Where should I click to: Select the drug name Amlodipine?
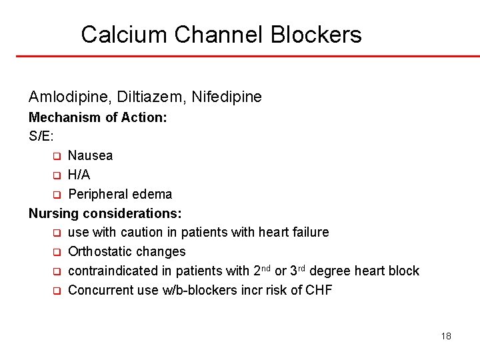point(69,97)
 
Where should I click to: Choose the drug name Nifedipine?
point(227,97)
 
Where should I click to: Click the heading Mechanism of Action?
point(98,117)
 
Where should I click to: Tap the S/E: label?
point(41,137)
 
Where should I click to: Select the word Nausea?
point(90,156)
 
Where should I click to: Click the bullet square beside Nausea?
point(57,157)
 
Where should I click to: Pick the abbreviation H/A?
point(79,175)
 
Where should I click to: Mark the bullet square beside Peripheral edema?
point(57,195)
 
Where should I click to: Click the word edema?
point(154,194)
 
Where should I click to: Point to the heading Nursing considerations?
point(105,213)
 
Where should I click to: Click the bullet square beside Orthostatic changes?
point(57,253)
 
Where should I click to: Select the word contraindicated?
point(111,271)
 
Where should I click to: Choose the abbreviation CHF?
point(318,291)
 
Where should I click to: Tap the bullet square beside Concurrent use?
point(57,291)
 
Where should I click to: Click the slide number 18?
point(446,336)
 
